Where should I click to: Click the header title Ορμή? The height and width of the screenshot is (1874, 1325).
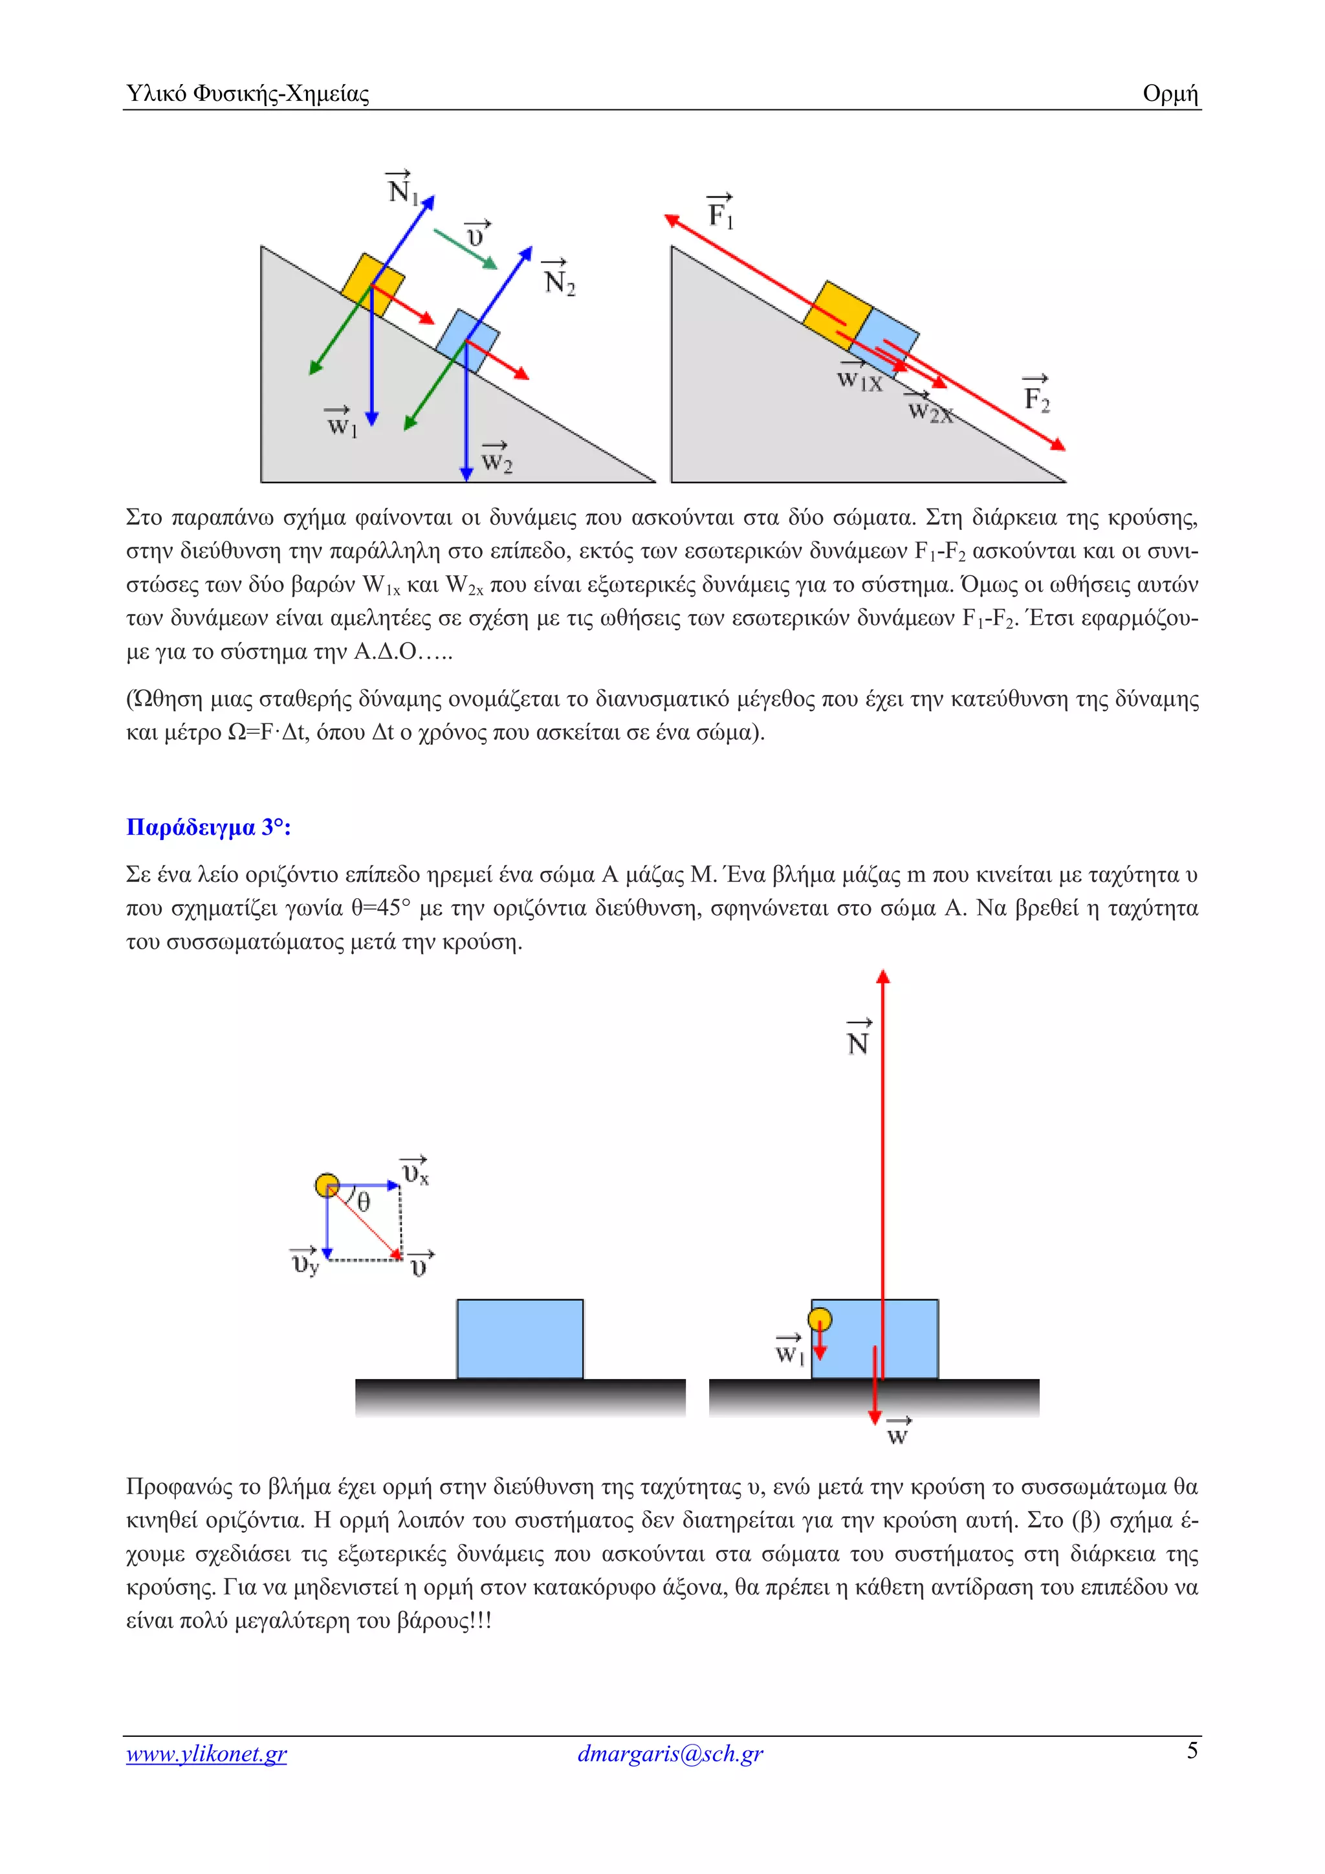click(x=1169, y=94)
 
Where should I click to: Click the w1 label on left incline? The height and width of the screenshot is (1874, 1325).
click(x=341, y=423)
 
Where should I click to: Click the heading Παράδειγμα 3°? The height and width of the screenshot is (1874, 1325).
click(x=209, y=827)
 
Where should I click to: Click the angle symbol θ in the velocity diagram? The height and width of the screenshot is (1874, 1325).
click(x=364, y=1202)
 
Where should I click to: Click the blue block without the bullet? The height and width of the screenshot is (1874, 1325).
click(x=520, y=1339)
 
